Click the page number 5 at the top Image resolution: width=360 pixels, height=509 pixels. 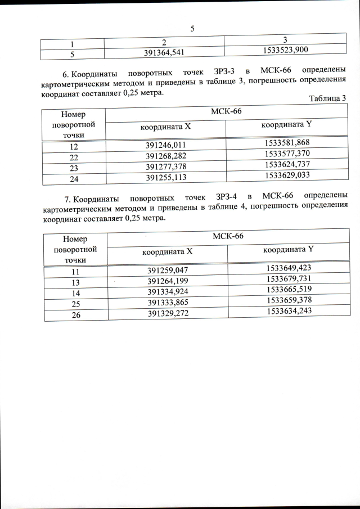point(192,28)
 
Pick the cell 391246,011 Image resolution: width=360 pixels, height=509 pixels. point(165,146)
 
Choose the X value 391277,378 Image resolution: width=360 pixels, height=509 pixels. point(165,167)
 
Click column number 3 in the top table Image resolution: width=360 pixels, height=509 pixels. point(285,39)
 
